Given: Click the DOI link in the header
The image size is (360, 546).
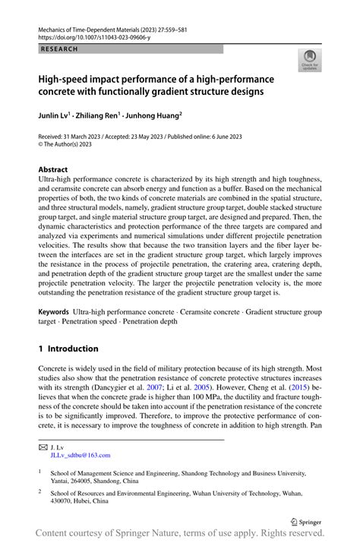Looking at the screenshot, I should tap(90, 36).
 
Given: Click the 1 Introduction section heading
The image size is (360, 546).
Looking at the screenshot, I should tap(68, 349).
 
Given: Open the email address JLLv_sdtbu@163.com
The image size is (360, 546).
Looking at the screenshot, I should tap(80, 456).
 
